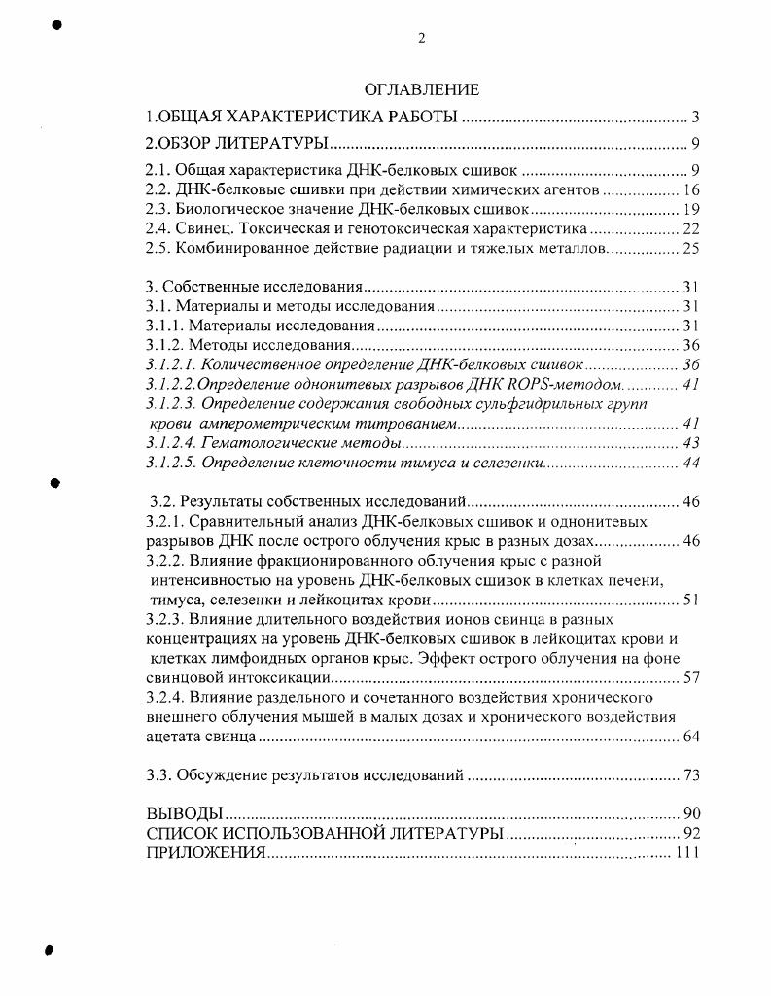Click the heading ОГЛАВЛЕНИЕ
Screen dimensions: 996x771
coord(422,90)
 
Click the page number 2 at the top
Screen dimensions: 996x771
coord(421,38)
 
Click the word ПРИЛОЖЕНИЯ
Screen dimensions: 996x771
coord(205,852)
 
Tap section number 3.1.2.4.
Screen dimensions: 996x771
coord(171,442)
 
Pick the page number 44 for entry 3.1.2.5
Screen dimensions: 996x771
coord(691,462)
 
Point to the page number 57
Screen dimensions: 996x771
coord(691,677)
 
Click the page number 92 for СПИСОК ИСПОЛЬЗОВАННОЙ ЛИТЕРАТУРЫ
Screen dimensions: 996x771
coord(691,833)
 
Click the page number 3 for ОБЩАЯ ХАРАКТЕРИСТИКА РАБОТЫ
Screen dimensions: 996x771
coord(696,118)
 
